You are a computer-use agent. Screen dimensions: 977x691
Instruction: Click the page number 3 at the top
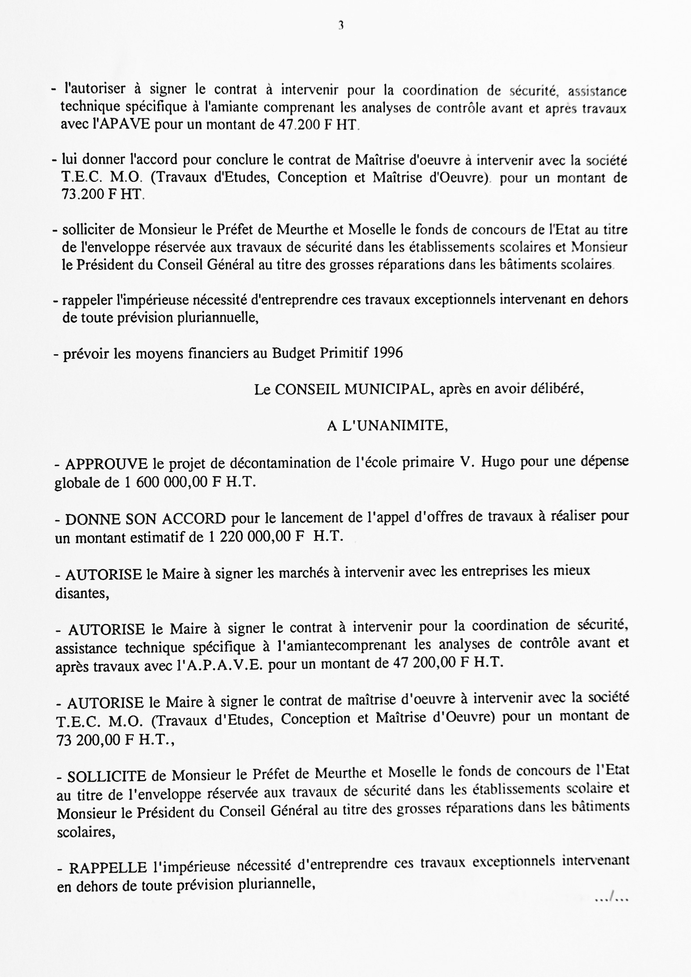341,26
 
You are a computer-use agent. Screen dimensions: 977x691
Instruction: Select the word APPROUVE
106,464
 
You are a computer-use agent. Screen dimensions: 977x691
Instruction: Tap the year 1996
388,353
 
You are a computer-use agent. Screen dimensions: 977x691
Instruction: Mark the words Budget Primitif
320,353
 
